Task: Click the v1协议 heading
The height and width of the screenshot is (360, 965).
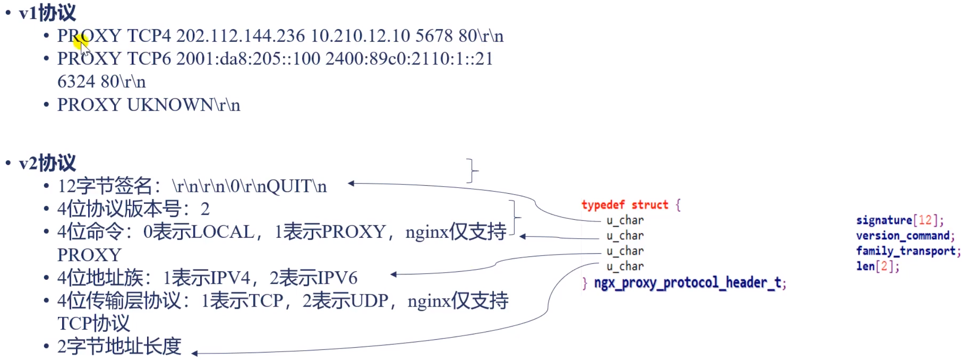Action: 47,13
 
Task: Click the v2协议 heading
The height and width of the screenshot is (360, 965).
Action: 47,163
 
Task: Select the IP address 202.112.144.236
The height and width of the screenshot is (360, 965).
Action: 240,36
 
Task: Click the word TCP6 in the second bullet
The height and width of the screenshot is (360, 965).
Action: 149,59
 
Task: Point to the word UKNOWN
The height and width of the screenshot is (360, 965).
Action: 170,105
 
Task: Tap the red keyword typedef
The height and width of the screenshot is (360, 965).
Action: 603,205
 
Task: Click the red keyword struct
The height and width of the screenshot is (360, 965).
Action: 650,205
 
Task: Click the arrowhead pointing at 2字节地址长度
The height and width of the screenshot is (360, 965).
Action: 195,353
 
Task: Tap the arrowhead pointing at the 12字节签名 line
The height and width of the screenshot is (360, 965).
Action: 351,184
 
